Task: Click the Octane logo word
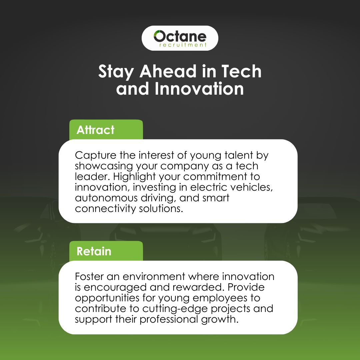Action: click(180, 36)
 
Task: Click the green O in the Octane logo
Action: click(159, 36)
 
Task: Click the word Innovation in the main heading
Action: click(199, 89)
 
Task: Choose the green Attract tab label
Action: click(95, 130)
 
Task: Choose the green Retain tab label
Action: click(94, 251)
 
